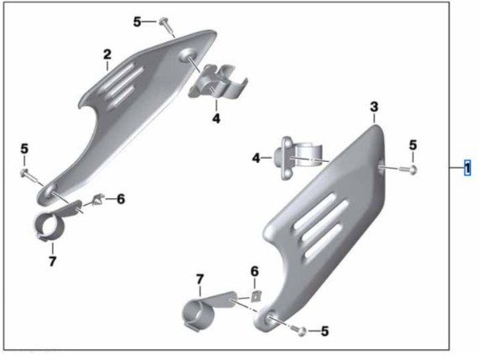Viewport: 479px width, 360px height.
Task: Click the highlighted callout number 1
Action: click(x=467, y=168)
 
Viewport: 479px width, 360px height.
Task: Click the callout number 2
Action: click(x=107, y=55)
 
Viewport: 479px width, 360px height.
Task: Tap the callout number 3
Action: click(x=374, y=107)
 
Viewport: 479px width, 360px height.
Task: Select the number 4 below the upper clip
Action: click(x=216, y=118)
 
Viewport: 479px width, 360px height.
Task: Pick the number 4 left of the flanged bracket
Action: click(x=257, y=158)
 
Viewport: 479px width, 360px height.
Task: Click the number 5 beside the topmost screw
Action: click(x=138, y=22)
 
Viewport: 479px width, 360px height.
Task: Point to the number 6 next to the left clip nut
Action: click(x=121, y=199)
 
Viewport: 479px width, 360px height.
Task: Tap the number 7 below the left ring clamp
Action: click(x=52, y=261)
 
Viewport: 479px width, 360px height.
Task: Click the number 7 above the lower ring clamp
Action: click(x=200, y=279)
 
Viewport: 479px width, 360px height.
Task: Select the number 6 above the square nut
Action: click(x=254, y=271)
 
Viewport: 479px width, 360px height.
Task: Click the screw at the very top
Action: click(x=166, y=27)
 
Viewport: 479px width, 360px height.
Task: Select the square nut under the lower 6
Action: click(x=256, y=296)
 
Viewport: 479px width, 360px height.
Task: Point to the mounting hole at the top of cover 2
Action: click(x=188, y=55)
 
